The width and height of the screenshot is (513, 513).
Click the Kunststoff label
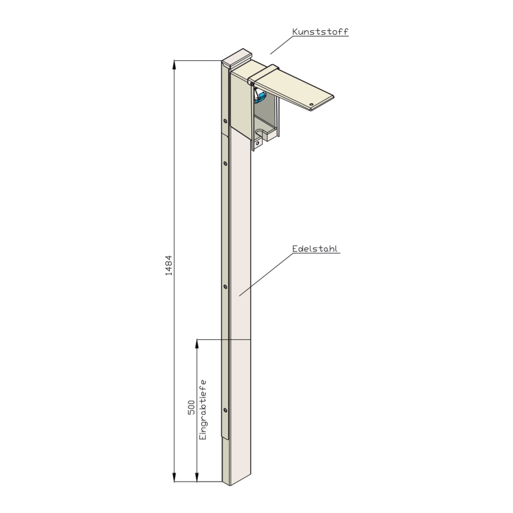point(320,31)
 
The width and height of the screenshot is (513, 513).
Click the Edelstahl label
point(315,249)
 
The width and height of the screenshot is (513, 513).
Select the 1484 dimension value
point(169,265)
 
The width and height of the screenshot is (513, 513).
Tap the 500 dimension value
point(191,407)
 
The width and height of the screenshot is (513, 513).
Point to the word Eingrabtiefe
point(203,410)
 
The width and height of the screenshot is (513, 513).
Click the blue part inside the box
point(261,97)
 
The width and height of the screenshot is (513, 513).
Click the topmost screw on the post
point(225,121)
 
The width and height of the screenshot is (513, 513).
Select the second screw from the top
point(225,163)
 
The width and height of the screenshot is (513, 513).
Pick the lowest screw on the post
point(225,410)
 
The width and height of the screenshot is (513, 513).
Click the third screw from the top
point(225,287)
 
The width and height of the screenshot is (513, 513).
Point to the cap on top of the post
point(237,58)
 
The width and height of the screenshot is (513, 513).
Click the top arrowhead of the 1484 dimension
point(174,65)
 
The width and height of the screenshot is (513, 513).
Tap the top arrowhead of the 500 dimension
point(197,344)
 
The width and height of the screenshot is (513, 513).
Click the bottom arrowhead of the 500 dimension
point(197,477)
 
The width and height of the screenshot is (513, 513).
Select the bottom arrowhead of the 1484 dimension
point(174,477)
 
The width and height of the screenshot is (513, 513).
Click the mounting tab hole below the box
point(257,143)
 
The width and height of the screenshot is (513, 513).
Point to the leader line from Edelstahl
point(265,274)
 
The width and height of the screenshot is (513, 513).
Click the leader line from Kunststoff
point(281,45)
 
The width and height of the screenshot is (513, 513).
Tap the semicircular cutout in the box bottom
point(261,133)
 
